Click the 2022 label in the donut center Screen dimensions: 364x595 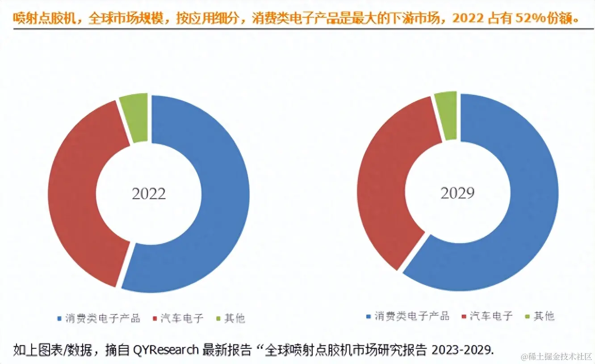coord(149,194)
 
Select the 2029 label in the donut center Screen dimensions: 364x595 coord(457,193)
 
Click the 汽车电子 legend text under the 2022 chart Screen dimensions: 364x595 coord(184,318)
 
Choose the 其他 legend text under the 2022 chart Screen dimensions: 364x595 coord(235,318)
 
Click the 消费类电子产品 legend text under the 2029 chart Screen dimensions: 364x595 coord(412,316)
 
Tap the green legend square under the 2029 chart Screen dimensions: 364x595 coord(527,317)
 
